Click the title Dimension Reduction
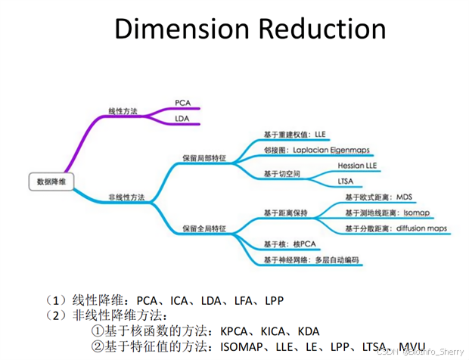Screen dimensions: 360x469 [x=250, y=29]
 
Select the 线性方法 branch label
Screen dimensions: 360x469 [x=123, y=111]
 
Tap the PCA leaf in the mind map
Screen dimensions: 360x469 [x=182, y=102]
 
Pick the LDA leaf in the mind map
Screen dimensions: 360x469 [x=182, y=119]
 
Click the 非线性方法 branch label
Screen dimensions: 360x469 [x=127, y=197]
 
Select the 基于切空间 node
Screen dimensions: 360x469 [x=281, y=174]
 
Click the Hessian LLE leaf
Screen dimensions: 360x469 [x=357, y=165]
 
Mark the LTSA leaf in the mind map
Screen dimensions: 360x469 [x=346, y=182]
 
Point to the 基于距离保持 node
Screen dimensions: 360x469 [x=285, y=213]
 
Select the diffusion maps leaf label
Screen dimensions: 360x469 [x=421, y=228]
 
